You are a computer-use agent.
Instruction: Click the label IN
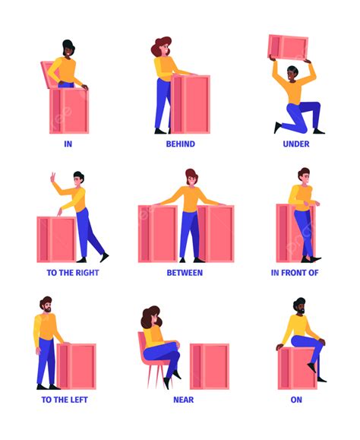pyautogui.click(x=68, y=144)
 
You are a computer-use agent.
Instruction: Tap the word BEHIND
pyautogui.click(x=181, y=144)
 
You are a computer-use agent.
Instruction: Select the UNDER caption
pyautogui.click(x=296, y=144)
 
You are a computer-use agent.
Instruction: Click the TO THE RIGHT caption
pyautogui.click(x=73, y=273)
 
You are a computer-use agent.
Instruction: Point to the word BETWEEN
pyautogui.click(x=185, y=273)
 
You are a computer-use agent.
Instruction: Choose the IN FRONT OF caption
pyautogui.click(x=295, y=273)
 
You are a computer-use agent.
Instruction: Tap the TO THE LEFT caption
pyautogui.click(x=65, y=400)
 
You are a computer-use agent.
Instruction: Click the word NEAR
pyautogui.click(x=184, y=400)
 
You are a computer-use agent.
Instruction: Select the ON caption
pyautogui.click(x=296, y=400)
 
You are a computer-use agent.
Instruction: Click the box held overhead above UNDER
pyautogui.click(x=288, y=46)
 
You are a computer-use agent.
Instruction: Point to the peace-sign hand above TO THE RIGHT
pyautogui.click(x=52, y=178)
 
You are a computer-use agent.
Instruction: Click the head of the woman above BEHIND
pyautogui.click(x=162, y=47)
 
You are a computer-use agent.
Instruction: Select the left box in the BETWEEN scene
pyautogui.click(x=158, y=234)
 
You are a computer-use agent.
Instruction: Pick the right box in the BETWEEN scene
pyautogui.click(x=216, y=234)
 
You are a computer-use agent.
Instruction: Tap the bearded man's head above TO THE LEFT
pyautogui.click(x=46, y=305)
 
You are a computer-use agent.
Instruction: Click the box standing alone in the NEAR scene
pyautogui.click(x=210, y=366)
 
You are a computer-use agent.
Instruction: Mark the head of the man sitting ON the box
pyautogui.click(x=300, y=306)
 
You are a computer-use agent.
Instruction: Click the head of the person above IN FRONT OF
pyautogui.click(x=304, y=176)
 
